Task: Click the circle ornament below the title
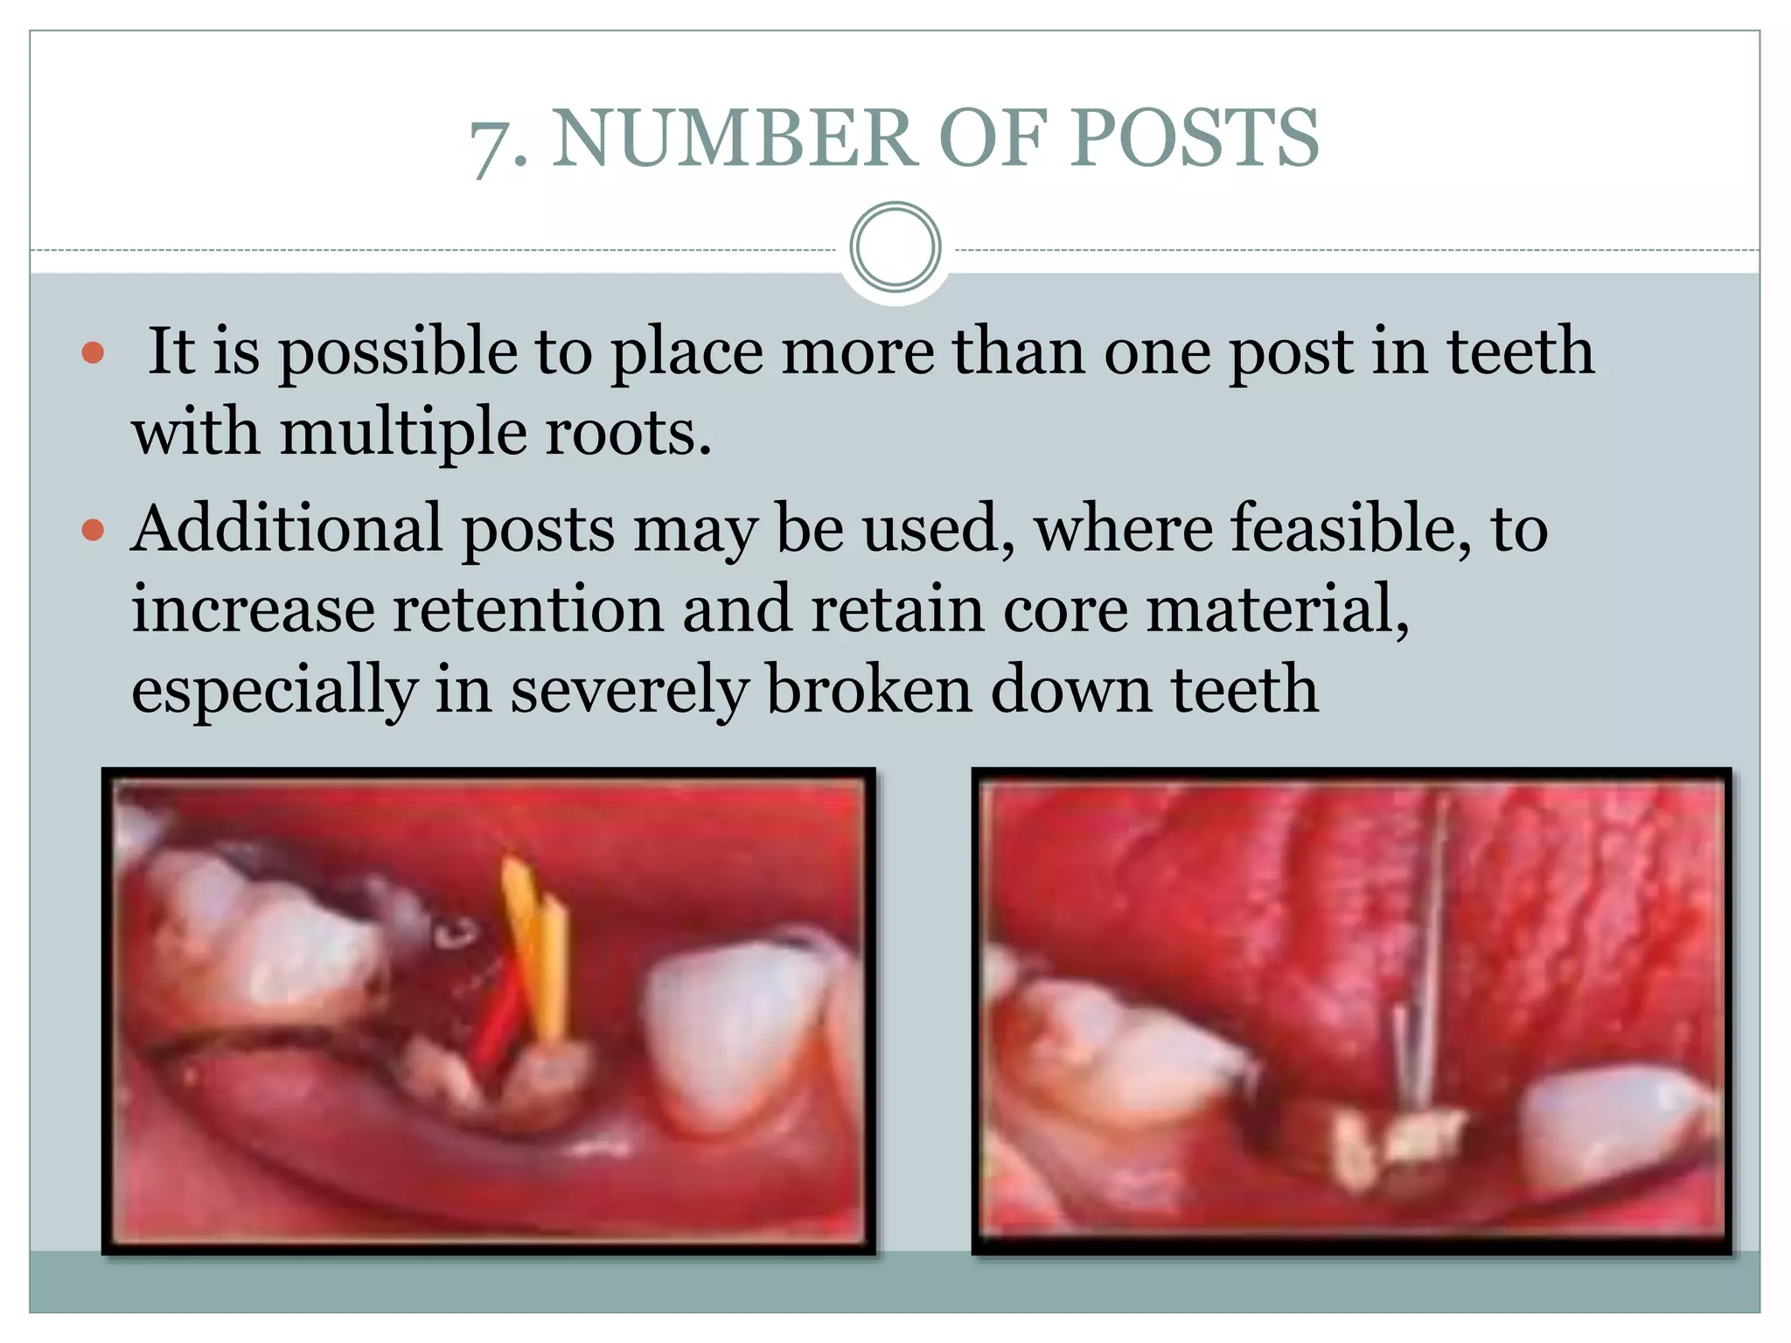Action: (x=895, y=247)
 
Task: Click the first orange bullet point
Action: (x=93, y=353)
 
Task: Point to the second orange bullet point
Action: (x=93, y=530)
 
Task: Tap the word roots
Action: (x=627, y=432)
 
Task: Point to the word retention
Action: (x=527, y=609)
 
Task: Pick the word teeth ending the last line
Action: (x=1244, y=689)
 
